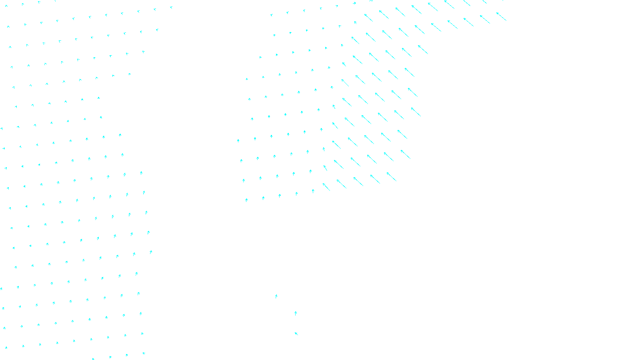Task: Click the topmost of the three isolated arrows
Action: (x=276, y=296)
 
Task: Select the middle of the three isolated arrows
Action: (x=296, y=313)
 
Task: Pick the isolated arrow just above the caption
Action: (x=296, y=334)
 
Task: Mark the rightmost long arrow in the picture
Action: (x=501, y=16)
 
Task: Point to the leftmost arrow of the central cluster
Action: (x=238, y=140)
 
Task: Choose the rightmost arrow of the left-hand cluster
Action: (x=171, y=7)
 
